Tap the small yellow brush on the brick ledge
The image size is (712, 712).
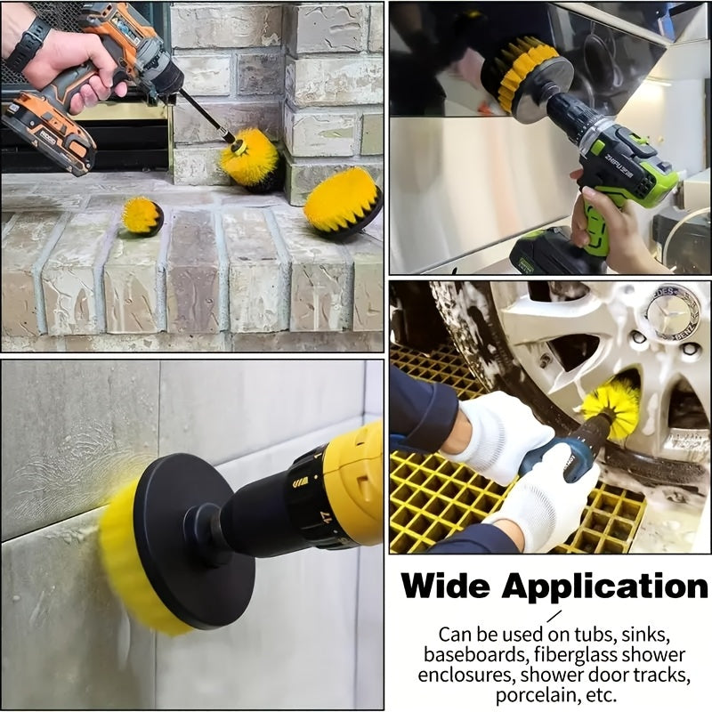tap(142, 216)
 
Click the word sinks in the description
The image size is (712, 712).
tap(640, 634)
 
